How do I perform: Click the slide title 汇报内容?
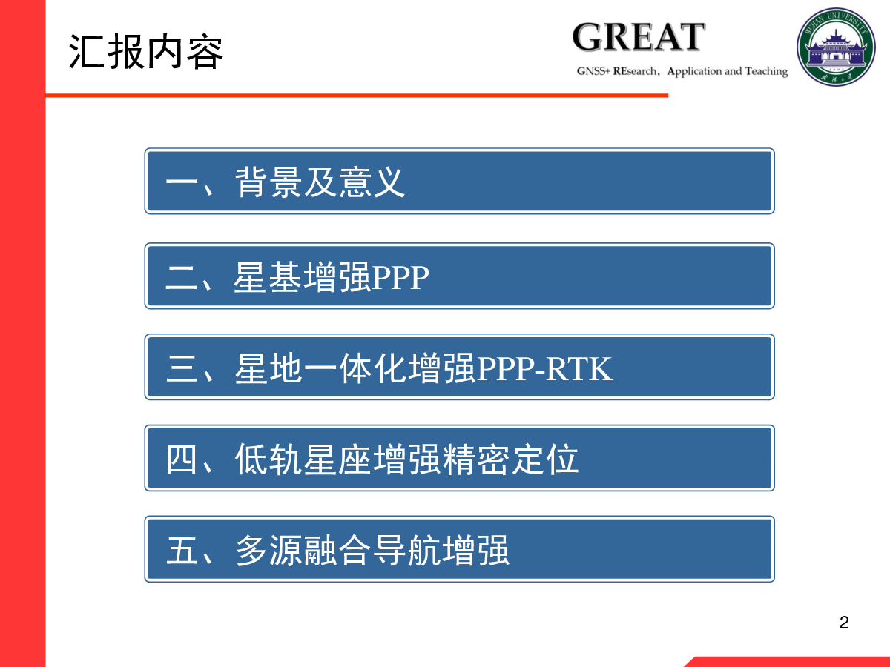point(146,51)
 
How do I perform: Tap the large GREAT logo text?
point(639,37)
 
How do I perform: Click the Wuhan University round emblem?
point(836,47)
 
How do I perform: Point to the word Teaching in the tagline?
point(766,72)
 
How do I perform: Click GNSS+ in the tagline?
point(593,71)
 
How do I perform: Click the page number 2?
point(844,623)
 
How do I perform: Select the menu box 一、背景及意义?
point(459,181)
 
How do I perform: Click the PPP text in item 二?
point(400,277)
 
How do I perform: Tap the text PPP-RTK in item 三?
point(544,368)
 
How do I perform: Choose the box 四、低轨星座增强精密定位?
point(459,458)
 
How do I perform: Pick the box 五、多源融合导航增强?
point(459,549)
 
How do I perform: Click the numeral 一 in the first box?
point(181,182)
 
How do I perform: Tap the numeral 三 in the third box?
point(181,368)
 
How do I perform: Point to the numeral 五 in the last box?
point(181,550)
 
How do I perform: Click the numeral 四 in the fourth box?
point(181,459)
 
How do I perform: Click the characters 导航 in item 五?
point(406,550)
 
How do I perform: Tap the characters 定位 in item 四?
point(544,459)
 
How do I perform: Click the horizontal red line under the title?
point(357,96)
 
